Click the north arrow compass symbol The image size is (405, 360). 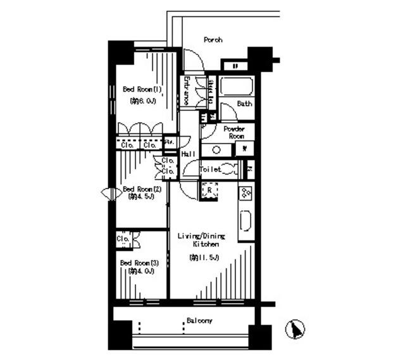point(294,330)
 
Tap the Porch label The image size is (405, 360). point(213,40)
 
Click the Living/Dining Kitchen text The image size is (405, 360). point(198,239)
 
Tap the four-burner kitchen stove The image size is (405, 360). point(246,192)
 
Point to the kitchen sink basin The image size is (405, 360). point(246,223)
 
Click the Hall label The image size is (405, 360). point(187,154)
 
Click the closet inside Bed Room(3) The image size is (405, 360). point(123,240)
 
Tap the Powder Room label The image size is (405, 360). point(236,132)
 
